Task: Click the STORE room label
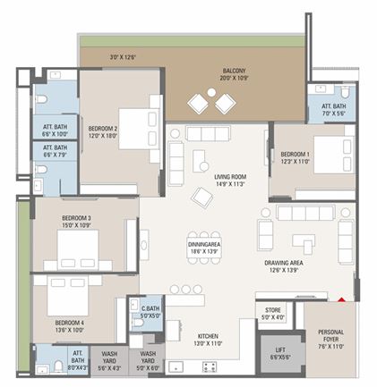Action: click(x=272, y=313)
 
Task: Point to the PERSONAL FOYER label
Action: click(x=330, y=340)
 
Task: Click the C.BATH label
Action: click(x=150, y=312)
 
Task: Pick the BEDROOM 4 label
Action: click(x=69, y=325)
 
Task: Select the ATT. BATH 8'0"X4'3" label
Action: click(x=79, y=359)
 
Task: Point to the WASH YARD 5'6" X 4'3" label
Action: click(x=109, y=360)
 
